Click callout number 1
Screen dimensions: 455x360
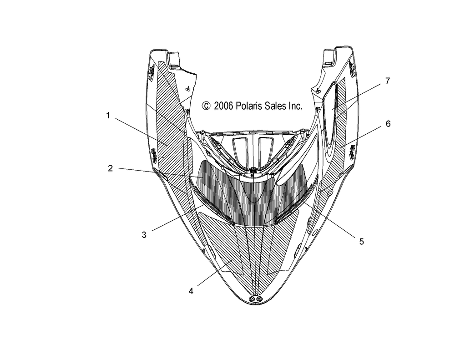click(x=108, y=116)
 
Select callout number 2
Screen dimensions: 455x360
click(x=110, y=168)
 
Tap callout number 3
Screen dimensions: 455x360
click(x=144, y=234)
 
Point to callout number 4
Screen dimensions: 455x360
click(x=191, y=291)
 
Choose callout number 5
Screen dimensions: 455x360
click(x=361, y=241)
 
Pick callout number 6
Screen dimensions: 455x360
click(x=388, y=124)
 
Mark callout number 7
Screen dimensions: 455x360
click(x=388, y=81)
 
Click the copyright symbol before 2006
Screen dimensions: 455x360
click(x=206, y=106)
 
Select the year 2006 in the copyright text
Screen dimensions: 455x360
click(x=223, y=106)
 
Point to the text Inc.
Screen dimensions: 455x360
click(x=295, y=106)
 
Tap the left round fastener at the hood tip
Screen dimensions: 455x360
click(x=252, y=299)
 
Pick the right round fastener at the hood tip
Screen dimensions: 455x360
click(x=258, y=299)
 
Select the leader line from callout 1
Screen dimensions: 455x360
click(x=141, y=131)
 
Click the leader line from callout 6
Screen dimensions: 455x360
click(x=363, y=136)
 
